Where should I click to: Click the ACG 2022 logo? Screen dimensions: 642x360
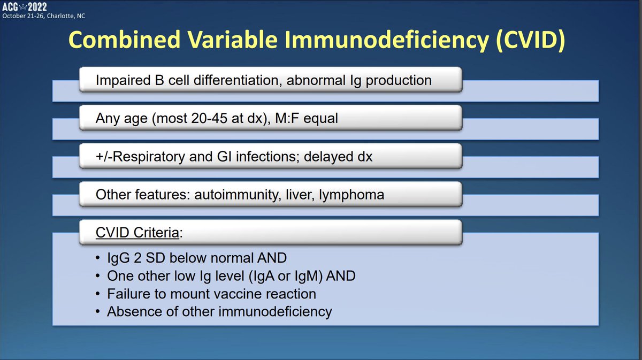click(x=25, y=6)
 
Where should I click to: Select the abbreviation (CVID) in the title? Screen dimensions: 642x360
click(x=531, y=40)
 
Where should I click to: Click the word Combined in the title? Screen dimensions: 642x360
click(x=124, y=40)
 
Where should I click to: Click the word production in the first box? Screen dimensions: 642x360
click(x=399, y=81)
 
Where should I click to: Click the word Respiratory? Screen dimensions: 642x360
click(x=149, y=157)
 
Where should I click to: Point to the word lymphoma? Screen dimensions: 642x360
click(x=351, y=195)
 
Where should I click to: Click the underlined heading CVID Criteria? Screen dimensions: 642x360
click(x=137, y=233)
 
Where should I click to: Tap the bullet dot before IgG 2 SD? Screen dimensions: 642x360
click(x=98, y=258)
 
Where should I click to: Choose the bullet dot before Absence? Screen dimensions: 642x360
click(x=98, y=311)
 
